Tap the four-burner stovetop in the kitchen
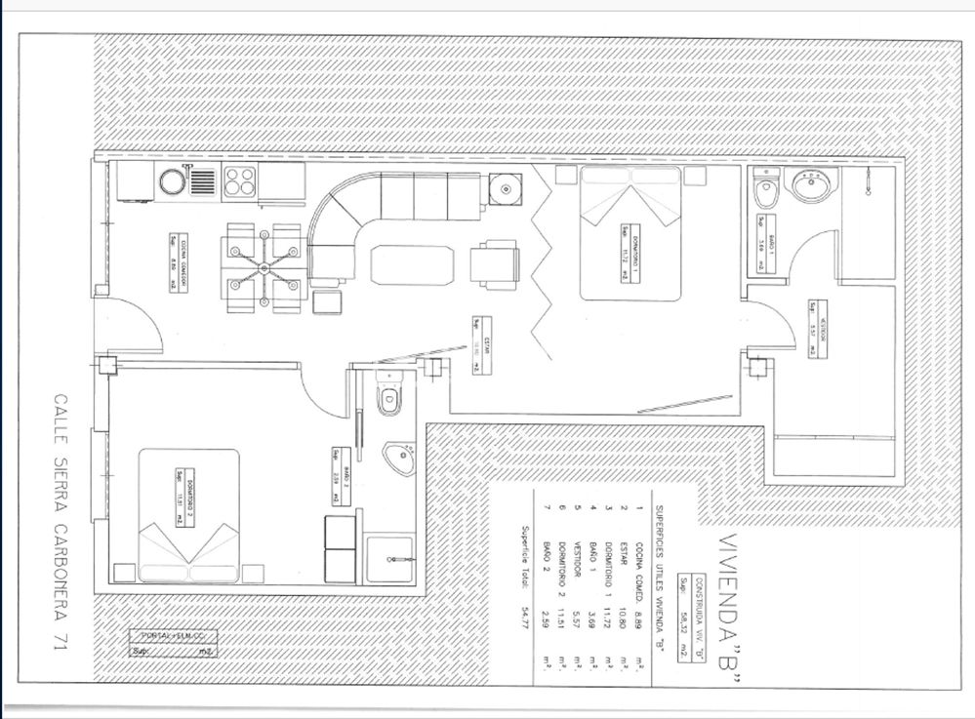point(240,181)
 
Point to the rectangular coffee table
point(411,264)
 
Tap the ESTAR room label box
point(477,344)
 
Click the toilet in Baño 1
point(766,195)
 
